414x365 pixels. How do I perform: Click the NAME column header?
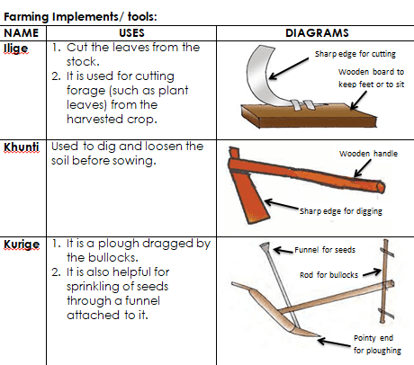coord(21,33)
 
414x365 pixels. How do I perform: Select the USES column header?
coord(131,33)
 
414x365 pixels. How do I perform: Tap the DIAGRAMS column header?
coord(317,33)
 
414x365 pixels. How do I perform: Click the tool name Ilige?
coord(16,49)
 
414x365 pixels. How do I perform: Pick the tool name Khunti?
coord(22,147)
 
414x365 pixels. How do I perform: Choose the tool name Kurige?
coord(22,245)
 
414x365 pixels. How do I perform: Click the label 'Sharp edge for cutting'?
coord(355,54)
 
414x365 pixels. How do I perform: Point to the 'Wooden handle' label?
coord(368,154)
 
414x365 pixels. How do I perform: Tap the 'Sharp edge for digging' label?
coord(341,211)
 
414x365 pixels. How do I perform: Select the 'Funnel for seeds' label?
coord(325,250)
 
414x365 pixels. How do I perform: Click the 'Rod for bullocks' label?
coord(328,275)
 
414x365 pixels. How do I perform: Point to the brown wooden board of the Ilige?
coord(309,115)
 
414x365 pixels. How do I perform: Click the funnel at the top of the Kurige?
coord(265,246)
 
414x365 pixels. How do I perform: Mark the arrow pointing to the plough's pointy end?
coord(334,343)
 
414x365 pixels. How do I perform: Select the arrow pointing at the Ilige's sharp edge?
coord(289,68)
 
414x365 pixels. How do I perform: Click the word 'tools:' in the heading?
coord(142,16)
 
